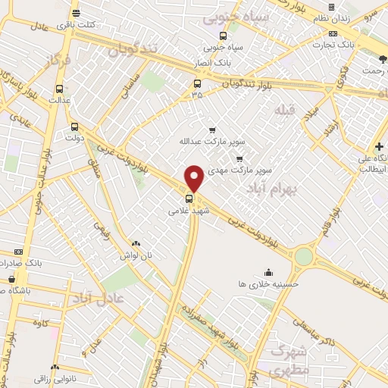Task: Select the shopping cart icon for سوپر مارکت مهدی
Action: click(239, 158)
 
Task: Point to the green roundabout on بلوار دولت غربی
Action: click(304, 257)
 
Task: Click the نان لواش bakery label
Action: click(135, 255)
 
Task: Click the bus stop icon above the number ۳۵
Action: click(197, 83)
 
